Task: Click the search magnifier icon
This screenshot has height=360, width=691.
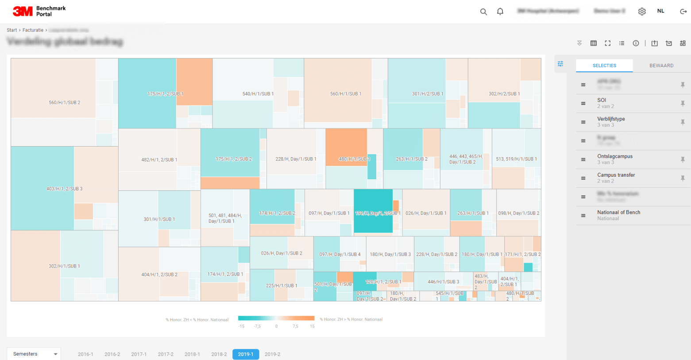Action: pyautogui.click(x=483, y=12)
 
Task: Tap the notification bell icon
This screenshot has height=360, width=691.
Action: pyautogui.click(x=500, y=12)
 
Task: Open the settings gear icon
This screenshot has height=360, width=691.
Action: pyautogui.click(x=642, y=12)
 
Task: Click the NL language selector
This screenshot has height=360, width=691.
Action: pyautogui.click(x=660, y=11)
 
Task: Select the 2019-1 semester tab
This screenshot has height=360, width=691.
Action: pyautogui.click(x=246, y=354)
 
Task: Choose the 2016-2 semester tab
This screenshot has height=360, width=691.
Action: pyautogui.click(x=112, y=354)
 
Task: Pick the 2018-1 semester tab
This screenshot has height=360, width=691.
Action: pyautogui.click(x=192, y=354)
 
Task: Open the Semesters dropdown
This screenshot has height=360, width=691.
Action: pyautogui.click(x=34, y=354)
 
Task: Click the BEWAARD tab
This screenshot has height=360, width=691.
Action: pyautogui.click(x=661, y=66)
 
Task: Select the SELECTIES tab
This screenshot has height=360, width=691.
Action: pyautogui.click(x=604, y=66)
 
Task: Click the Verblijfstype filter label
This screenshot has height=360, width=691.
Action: pyautogui.click(x=611, y=119)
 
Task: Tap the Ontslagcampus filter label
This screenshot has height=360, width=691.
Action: pyautogui.click(x=614, y=156)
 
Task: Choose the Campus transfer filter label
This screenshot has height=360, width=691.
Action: pyautogui.click(x=616, y=175)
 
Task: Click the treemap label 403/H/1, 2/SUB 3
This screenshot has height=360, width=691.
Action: pyautogui.click(x=65, y=189)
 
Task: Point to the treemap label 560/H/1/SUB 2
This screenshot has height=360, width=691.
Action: pyautogui.click(x=65, y=102)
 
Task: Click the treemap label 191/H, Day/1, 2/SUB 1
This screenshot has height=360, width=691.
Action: pyautogui.click(x=378, y=213)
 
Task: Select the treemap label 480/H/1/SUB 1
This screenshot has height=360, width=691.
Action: pyautogui.click(x=354, y=159)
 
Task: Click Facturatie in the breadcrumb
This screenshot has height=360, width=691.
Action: pyautogui.click(x=33, y=30)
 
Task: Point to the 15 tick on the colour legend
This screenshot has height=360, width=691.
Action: pyautogui.click(x=312, y=326)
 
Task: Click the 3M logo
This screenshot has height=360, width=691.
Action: pyautogui.click(x=23, y=12)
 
